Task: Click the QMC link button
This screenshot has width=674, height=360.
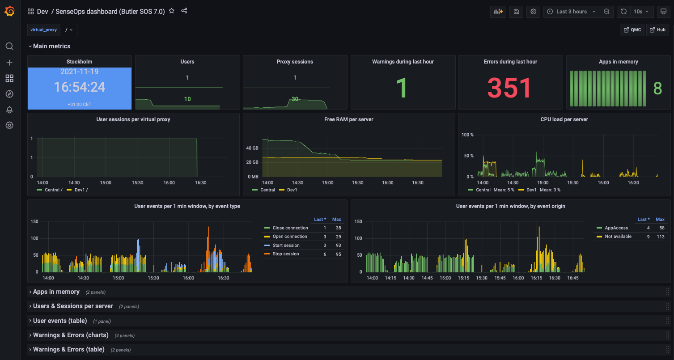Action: (632, 30)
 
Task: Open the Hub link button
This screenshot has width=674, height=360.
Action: (657, 30)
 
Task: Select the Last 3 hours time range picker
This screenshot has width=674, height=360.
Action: (571, 12)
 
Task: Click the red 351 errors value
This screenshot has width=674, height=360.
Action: (509, 88)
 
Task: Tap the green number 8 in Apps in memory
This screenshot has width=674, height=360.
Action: (657, 89)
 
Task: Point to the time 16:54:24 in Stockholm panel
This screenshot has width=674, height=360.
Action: (80, 87)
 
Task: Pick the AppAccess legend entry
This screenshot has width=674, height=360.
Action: (616, 228)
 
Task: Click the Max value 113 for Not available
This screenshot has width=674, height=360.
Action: (660, 237)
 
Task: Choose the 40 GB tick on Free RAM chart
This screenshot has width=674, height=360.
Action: (252, 148)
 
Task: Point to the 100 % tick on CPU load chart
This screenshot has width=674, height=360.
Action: (467, 135)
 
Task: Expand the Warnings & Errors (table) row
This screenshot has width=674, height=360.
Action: (68, 349)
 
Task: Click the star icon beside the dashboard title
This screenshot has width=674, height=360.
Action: (172, 11)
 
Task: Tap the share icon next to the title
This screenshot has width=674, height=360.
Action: (184, 11)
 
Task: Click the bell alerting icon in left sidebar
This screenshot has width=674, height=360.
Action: (9, 110)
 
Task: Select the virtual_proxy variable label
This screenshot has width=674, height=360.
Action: (44, 30)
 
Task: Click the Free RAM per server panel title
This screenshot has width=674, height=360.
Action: (348, 119)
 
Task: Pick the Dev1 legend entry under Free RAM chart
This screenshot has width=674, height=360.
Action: (292, 190)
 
